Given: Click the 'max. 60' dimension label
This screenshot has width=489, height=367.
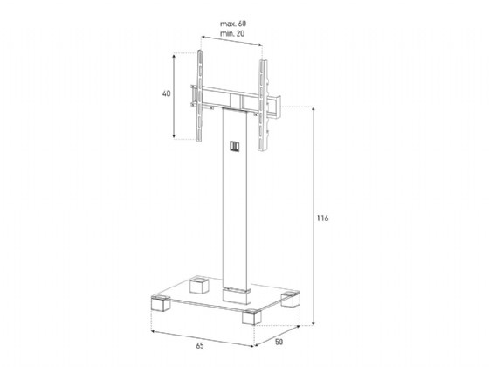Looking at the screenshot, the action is [233, 24].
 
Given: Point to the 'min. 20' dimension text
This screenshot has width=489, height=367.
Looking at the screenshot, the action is [232, 33].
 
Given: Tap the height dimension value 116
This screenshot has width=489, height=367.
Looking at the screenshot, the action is [322, 218].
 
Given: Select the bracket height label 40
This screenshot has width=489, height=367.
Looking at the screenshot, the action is [167, 93].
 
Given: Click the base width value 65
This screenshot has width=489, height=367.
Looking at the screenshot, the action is [200, 346].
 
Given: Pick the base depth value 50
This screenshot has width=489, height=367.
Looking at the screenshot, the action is [279, 342].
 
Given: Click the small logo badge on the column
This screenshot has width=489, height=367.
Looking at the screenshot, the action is [235, 147].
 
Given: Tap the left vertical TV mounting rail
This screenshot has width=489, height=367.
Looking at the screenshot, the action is [200, 95].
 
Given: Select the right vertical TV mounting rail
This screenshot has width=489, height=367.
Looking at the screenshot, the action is [263, 106].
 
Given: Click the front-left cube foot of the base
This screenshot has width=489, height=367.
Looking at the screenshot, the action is [161, 304].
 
